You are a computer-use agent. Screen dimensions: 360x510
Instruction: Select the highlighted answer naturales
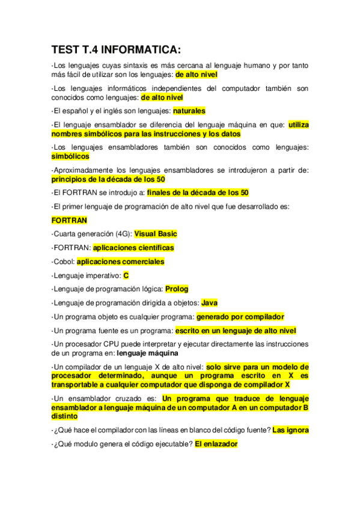pyautogui.click(x=189, y=111)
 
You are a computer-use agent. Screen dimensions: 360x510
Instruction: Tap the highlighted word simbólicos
pyautogui.click(x=70, y=156)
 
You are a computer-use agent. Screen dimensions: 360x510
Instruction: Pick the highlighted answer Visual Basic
pyautogui.click(x=156, y=234)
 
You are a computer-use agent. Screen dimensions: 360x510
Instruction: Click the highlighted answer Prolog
pyautogui.click(x=177, y=289)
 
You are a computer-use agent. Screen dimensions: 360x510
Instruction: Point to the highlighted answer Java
pyautogui.click(x=209, y=303)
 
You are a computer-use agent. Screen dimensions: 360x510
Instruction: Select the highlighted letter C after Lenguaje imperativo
pyautogui.click(x=126, y=275)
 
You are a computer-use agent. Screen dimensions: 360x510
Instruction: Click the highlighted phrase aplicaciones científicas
pyautogui.click(x=133, y=248)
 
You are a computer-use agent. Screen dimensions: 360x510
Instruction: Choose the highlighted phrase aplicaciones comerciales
pyautogui.click(x=120, y=262)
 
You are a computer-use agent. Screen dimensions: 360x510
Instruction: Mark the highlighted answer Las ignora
pyautogui.click(x=291, y=431)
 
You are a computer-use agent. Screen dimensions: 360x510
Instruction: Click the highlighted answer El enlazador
pyautogui.click(x=216, y=444)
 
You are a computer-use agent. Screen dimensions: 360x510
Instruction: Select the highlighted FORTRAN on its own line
pyautogui.click(x=70, y=220)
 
